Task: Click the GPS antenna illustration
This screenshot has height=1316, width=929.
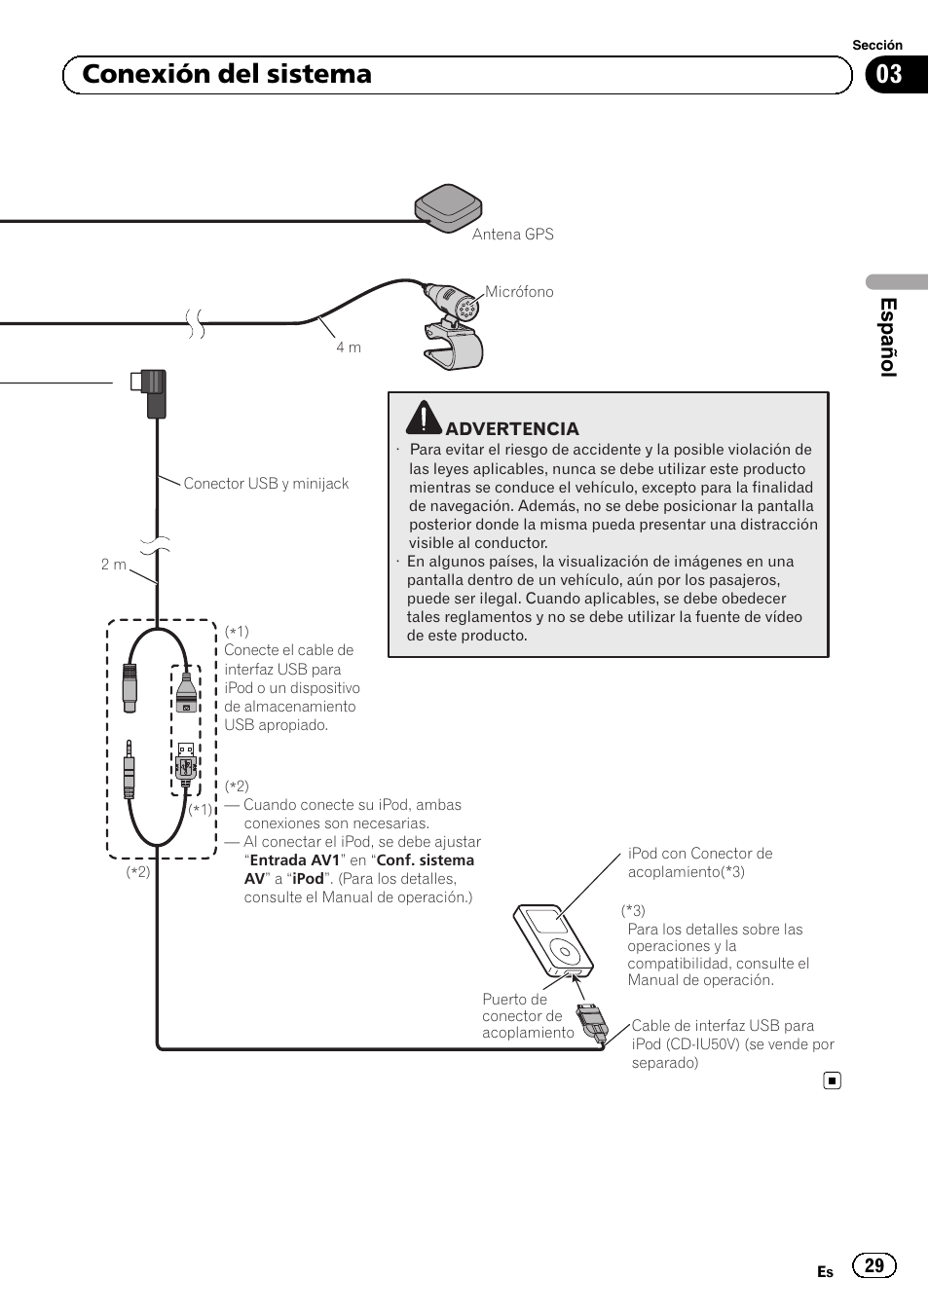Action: [448, 207]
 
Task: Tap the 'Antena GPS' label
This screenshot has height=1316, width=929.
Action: [512, 235]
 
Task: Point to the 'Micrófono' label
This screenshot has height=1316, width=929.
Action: [519, 292]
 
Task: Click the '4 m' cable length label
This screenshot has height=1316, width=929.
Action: [349, 347]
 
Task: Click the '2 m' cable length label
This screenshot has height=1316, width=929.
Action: [114, 565]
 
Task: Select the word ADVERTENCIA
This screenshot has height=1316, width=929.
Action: [512, 429]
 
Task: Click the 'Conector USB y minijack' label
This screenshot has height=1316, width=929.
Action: [266, 484]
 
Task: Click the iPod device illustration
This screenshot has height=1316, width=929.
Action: [553, 941]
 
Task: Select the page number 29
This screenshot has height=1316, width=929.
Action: [873, 1265]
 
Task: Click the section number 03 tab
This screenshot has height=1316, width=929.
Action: [890, 75]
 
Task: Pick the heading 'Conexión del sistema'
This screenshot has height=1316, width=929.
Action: [227, 75]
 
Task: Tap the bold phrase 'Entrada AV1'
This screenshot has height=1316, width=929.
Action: [295, 860]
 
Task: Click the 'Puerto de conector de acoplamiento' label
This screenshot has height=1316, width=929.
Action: [527, 1016]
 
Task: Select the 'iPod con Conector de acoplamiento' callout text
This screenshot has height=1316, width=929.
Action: [699, 862]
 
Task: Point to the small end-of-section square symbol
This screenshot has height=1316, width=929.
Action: [832, 1080]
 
